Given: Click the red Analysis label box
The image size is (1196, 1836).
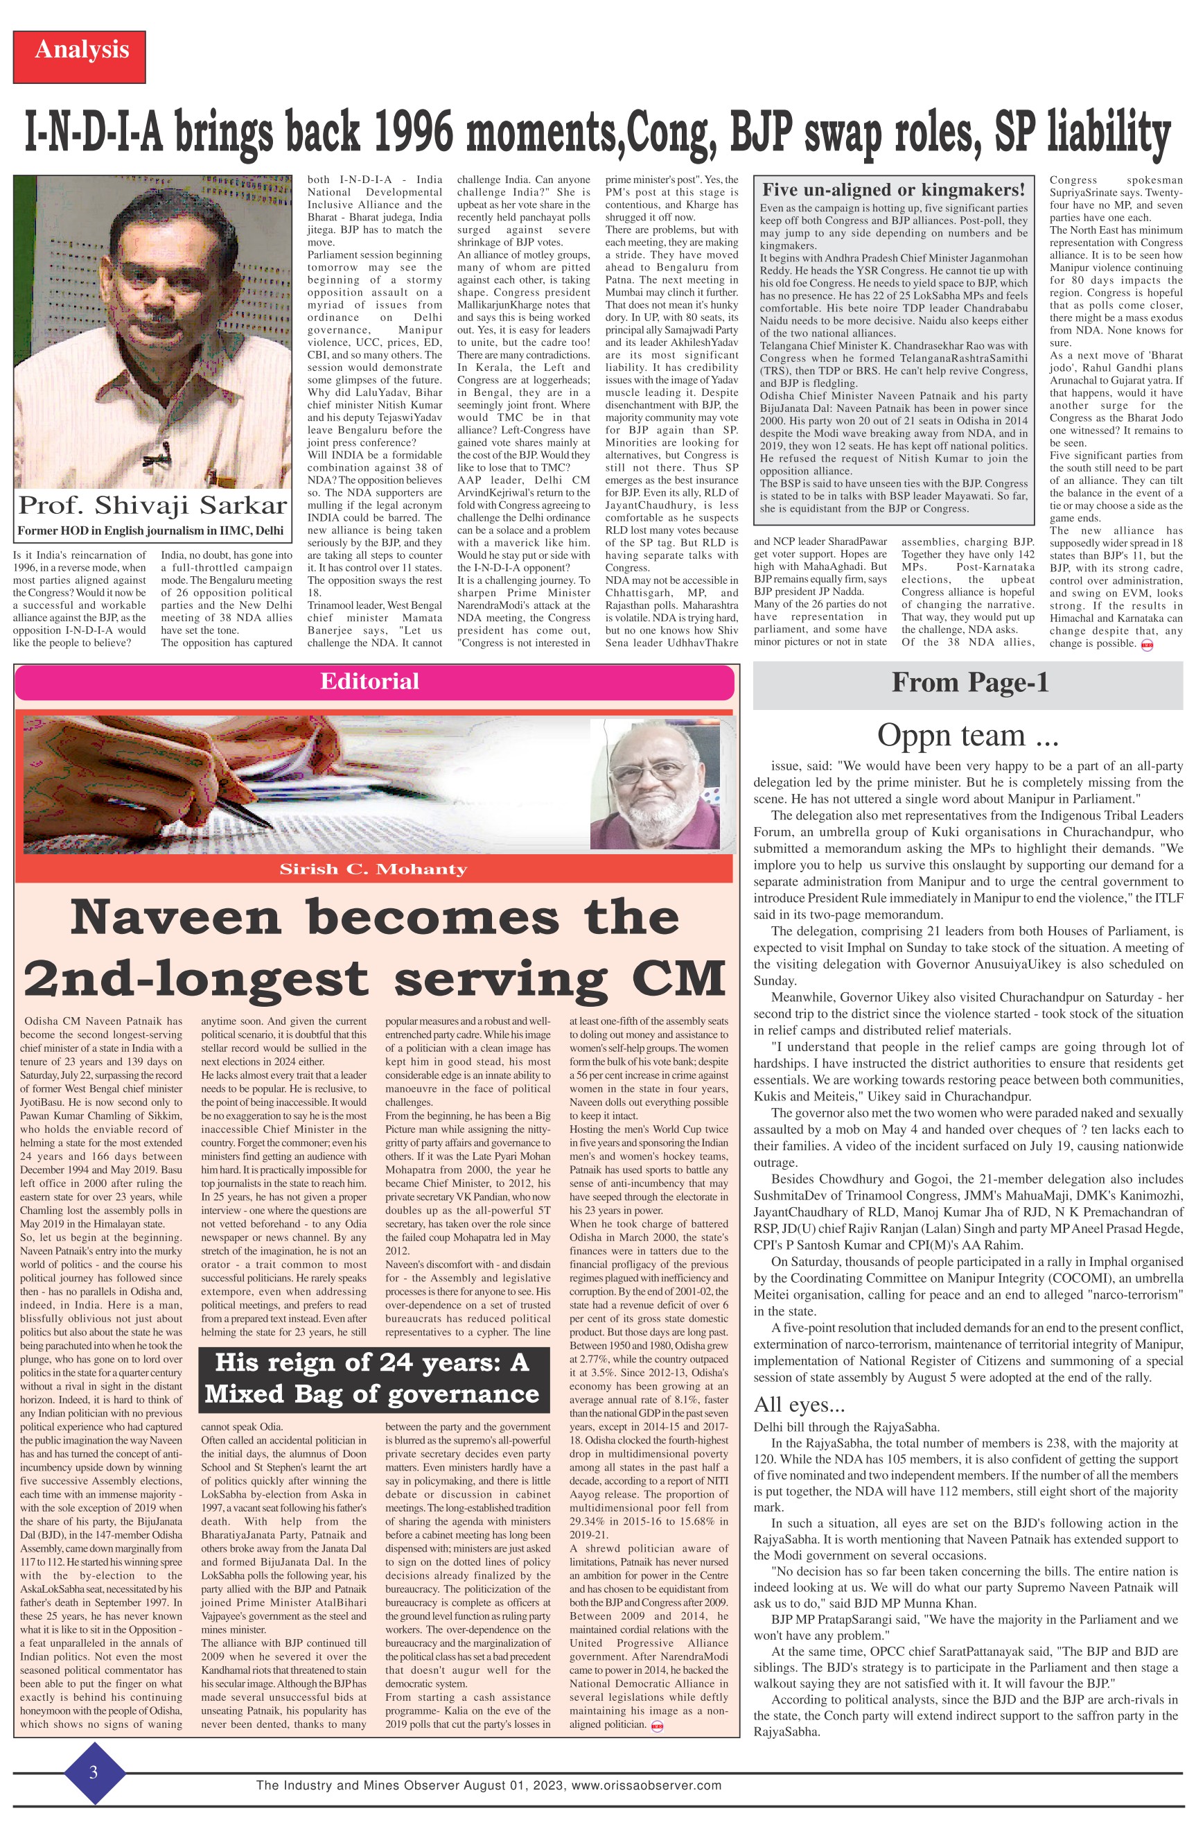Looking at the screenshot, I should [x=80, y=56].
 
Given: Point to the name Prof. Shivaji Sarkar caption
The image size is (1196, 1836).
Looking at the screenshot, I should [x=152, y=505].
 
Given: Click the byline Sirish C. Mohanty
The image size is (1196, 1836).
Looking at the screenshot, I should [x=373, y=869].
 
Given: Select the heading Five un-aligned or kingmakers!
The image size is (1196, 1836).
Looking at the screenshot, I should [x=893, y=190].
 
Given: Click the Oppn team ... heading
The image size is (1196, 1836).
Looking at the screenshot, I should [x=968, y=736].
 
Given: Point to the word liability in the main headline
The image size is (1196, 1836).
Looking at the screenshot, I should [x=1108, y=133].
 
